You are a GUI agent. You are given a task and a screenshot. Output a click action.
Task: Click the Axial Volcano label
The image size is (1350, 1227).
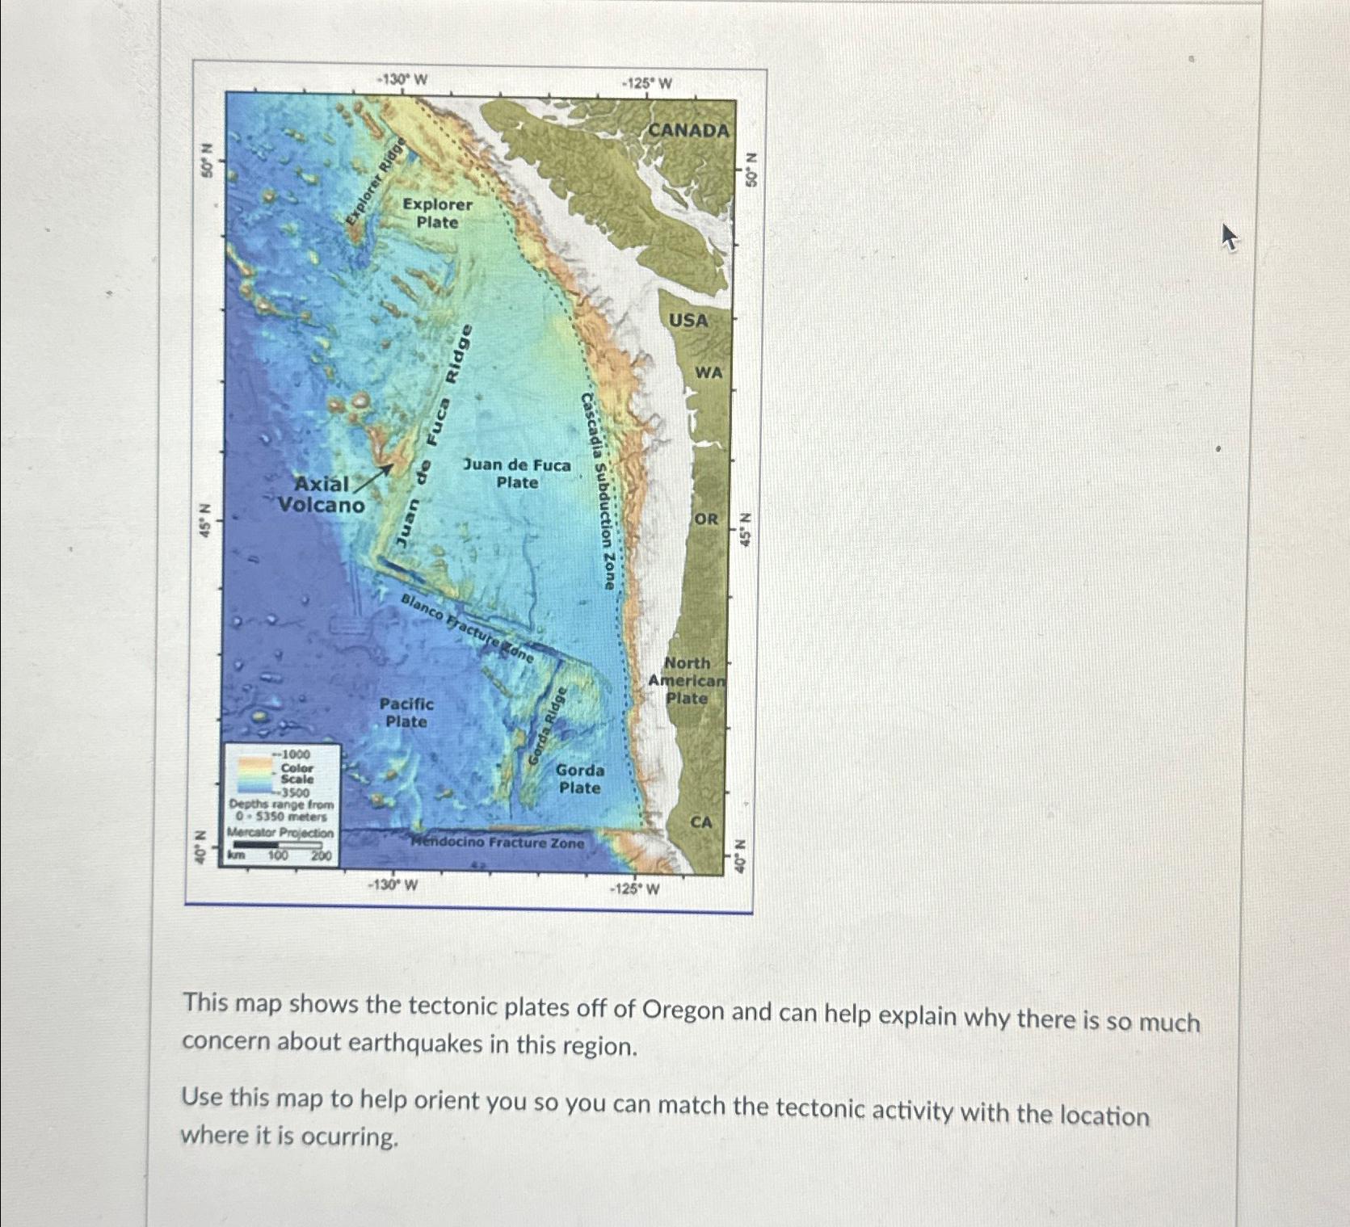321,494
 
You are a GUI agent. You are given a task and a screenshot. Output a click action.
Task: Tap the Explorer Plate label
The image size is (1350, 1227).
437,213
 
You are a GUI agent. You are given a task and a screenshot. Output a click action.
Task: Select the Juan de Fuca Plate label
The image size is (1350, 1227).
516,473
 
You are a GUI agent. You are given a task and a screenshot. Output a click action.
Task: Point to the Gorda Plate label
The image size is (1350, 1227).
579,779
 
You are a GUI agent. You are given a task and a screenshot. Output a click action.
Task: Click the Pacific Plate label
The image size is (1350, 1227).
406,712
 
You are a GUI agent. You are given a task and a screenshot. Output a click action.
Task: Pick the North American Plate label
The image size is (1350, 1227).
687,680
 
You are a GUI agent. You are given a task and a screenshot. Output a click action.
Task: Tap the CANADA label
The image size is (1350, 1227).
688,130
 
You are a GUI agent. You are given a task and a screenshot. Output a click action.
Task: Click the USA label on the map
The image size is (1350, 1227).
688,321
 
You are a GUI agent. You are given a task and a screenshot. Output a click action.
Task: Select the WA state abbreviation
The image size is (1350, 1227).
709,372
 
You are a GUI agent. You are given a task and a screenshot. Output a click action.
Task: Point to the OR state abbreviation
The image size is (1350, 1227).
705,519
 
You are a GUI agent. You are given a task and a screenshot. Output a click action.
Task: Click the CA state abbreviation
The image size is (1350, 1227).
701,822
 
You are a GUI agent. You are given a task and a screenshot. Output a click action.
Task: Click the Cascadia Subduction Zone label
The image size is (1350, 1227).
599,491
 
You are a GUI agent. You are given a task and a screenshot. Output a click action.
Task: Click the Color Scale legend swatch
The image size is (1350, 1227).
254,774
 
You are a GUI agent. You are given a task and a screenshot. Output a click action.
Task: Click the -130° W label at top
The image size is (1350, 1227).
402,79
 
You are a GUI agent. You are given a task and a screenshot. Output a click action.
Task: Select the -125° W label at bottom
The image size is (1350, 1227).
634,889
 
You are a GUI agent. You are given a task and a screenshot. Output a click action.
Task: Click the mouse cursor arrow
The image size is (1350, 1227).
1228,237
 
